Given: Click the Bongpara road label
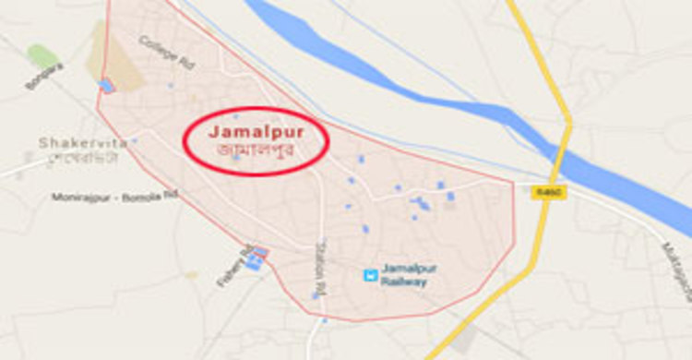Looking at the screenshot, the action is (x=44, y=77).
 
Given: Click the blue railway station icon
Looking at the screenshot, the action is (x=370, y=274).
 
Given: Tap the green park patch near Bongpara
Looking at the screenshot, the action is (x=42, y=56).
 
